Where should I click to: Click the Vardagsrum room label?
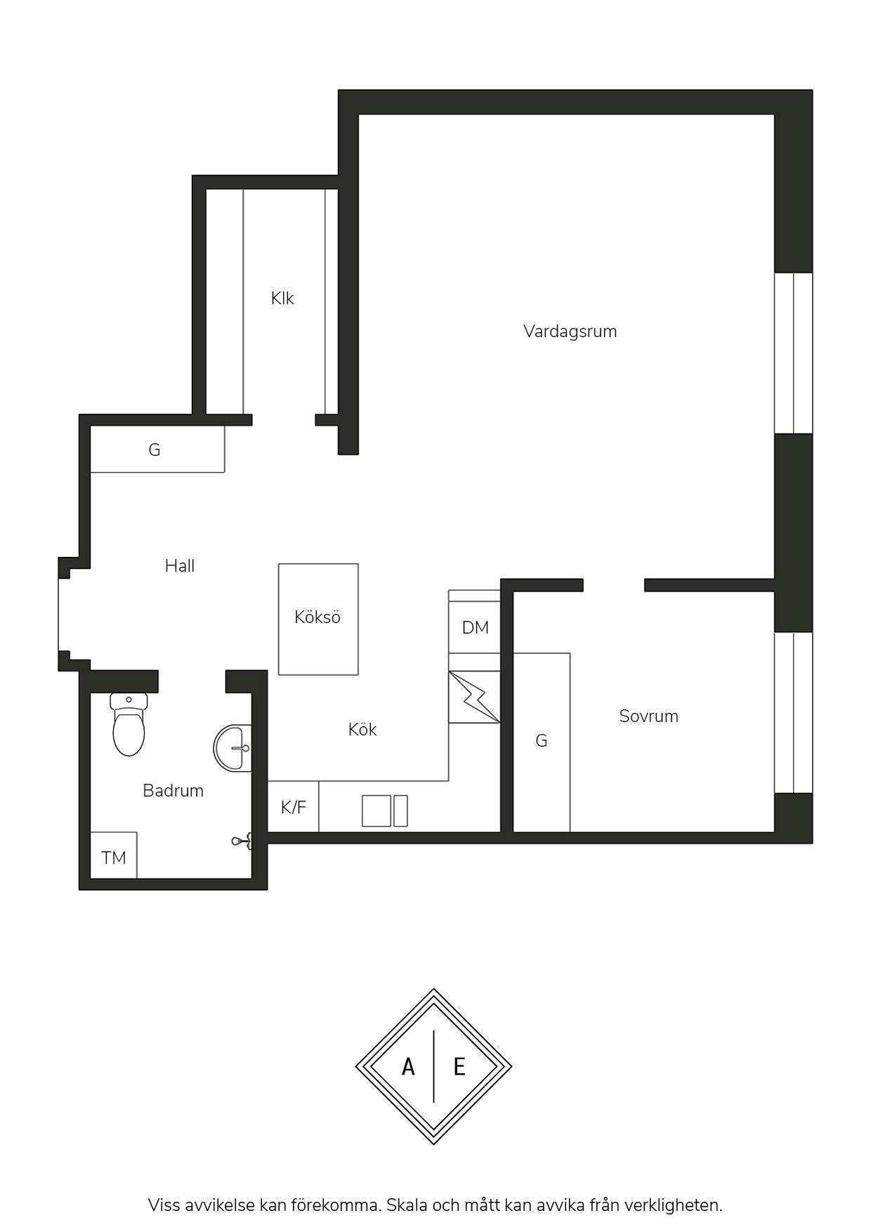(570, 332)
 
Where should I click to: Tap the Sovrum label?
(648, 716)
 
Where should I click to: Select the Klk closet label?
(282, 299)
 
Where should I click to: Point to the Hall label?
(180, 565)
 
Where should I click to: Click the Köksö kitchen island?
(318, 619)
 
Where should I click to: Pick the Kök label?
(362, 730)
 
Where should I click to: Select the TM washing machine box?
(114, 855)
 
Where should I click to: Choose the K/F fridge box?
(294, 806)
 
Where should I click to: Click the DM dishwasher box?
(475, 627)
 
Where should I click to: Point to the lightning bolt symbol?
(474, 697)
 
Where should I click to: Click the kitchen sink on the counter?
(384, 811)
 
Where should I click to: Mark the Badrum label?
(173, 791)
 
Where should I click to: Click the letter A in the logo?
(408, 1068)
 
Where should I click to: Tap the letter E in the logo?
(459, 1068)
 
